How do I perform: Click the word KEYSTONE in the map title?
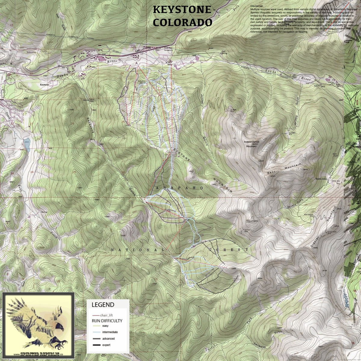(182, 10)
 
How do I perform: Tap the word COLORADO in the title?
(182, 22)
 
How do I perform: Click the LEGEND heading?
(103, 304)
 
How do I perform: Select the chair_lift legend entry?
(103, 315)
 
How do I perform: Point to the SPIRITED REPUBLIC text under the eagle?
(38, 355)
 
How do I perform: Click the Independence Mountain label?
(251, 143)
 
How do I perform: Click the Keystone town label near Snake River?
(44, 85)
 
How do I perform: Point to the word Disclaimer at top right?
(257, 6)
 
